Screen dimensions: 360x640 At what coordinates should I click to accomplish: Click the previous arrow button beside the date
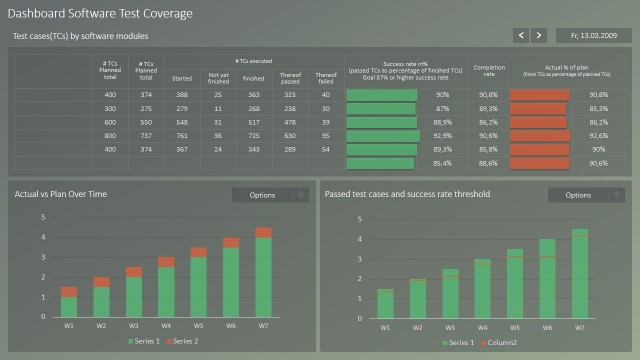[521, 35]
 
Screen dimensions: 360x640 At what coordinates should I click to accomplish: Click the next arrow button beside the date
[539, 35]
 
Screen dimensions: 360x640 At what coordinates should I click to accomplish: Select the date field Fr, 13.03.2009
[591, 35]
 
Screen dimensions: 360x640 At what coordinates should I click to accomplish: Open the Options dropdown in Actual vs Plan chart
[270, 195]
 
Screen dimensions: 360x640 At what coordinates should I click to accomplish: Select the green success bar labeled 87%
[380, 108]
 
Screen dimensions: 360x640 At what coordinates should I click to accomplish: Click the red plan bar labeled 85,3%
[538, 108]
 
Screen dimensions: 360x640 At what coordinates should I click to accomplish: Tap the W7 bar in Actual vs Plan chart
[263, 275]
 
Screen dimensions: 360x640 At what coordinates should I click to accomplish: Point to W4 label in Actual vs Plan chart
[165, 326]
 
